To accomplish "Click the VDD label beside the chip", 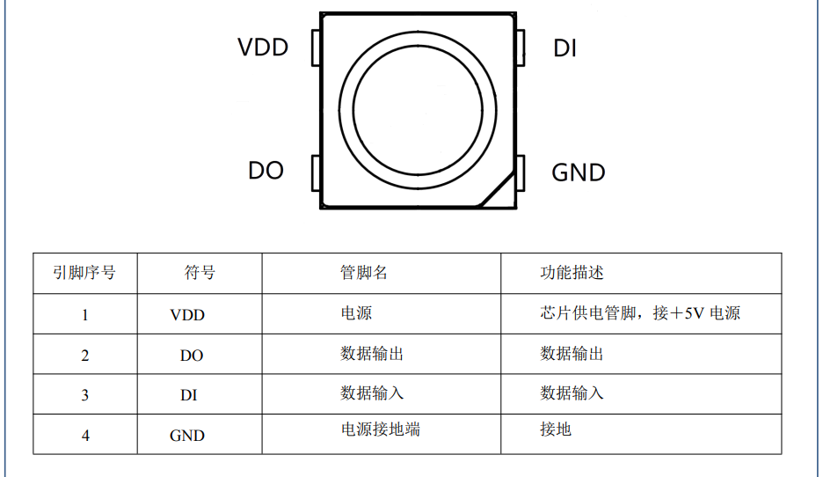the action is pos(263,48).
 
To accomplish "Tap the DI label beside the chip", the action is pos(564,49).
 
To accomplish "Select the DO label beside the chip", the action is pos(266,171).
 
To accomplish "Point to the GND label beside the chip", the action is pos(578,173).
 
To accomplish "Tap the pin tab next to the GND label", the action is pos(521,173).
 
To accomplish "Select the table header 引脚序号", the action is pos(84,273).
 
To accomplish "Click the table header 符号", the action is pos(200,273).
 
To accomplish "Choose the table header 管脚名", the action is pos(364,273).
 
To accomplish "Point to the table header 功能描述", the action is pos(572,273).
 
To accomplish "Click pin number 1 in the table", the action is pos(85,315).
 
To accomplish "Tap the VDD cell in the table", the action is pos(187,315).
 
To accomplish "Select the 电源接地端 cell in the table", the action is pos(380,429).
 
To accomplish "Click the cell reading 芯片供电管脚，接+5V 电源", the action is pos(640,313).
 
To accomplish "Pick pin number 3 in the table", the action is pos(85,395).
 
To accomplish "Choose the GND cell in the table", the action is pos(187,436).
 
